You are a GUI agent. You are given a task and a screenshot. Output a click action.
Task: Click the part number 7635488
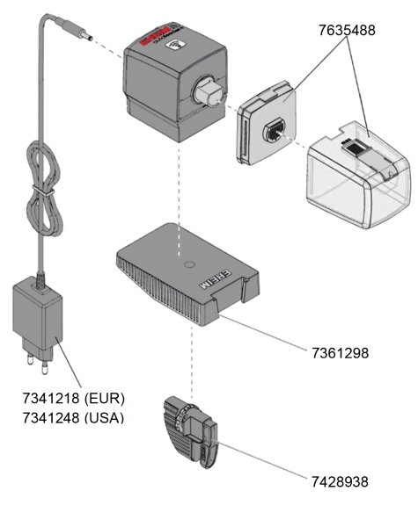[x=347, y=30]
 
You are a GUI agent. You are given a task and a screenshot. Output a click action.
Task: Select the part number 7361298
[x=340, y=353]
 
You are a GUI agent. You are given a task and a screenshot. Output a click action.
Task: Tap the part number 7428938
[x=340, y=480]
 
